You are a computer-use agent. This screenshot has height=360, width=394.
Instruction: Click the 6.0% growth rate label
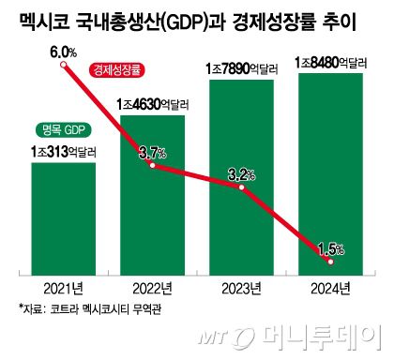tap(62, 52)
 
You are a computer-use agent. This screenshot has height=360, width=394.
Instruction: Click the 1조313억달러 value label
tap(64, 150)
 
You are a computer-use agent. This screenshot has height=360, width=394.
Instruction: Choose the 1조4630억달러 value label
tap(153, 103)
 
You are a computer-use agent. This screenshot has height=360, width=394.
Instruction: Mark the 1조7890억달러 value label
tap(241, 68)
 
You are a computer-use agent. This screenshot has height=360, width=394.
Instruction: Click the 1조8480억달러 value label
tap(329, 62)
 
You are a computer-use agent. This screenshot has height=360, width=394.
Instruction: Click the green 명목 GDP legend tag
tap(63, 129)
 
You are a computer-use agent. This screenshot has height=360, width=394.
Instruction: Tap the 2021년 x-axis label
tap(64, 286)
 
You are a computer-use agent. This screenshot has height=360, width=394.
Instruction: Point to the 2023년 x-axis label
tap(241, 286)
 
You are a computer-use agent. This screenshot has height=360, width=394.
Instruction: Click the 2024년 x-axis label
tap(329, 286)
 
